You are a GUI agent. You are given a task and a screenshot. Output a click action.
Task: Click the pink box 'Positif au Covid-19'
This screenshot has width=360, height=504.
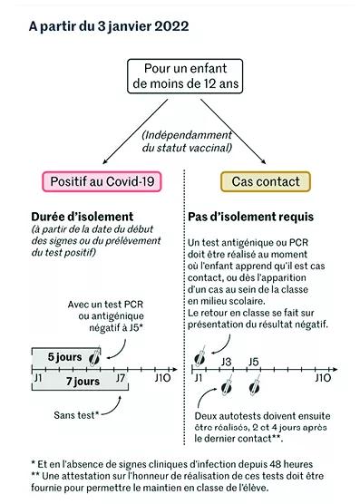click(102, 181)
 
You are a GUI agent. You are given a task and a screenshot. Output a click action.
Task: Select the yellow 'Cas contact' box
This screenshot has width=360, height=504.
click(266, 181)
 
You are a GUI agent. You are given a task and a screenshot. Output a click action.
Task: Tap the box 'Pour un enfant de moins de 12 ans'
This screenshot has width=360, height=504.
click(185, 76)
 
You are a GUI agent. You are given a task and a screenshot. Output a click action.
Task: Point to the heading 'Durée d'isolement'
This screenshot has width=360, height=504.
click(82, 217)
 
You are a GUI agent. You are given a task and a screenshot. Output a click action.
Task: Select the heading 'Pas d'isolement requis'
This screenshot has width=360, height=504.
click(250, 217)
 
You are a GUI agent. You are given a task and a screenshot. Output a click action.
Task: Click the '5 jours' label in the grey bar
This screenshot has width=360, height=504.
click(65, 357)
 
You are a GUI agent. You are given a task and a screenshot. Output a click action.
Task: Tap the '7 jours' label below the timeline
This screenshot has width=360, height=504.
click(83, 382)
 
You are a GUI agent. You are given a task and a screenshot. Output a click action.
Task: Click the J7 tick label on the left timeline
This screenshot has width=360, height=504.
click(121, 378)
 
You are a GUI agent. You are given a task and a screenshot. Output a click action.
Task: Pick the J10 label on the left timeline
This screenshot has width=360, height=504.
click(162, 378)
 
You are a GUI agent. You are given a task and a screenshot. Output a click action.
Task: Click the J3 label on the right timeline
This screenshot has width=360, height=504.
click(227, 362)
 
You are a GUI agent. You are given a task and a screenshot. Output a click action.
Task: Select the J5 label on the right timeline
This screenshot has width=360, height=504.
click(254, 362)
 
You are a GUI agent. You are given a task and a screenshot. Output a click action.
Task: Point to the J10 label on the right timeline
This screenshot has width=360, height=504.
click(323, 378)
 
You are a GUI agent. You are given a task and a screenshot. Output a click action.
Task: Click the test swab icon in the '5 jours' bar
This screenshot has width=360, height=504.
click(95, 357)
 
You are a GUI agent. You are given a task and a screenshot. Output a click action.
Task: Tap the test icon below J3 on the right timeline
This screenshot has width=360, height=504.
click(227, 386)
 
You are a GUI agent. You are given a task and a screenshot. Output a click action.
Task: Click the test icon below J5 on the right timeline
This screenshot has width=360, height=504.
click(255, 386)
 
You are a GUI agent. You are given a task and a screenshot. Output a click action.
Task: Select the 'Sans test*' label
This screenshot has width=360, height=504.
click(76, 415)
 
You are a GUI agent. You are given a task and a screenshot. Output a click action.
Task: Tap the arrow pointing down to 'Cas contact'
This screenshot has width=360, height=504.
click(233, 131)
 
